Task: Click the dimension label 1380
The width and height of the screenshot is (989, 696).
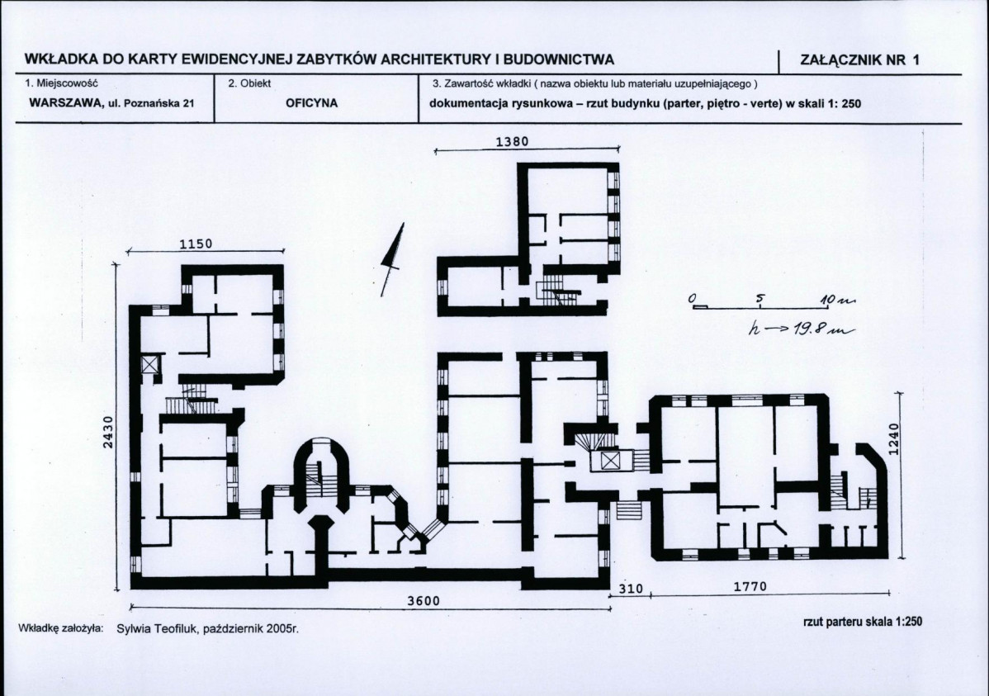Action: (512, 141)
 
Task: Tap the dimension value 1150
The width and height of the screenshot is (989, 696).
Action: (196, 244)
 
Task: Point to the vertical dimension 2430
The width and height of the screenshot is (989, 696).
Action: (108, 433)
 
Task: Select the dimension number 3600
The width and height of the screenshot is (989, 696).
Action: (424, 601)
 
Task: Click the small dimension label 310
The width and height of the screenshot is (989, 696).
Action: (631, 589)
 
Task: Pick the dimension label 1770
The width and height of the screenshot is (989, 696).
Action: (750, 586)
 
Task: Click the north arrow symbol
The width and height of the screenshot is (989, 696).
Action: (391, 259)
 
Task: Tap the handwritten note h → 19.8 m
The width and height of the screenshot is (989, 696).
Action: (801, 329)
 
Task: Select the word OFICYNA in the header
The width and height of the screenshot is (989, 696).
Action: (311, 103)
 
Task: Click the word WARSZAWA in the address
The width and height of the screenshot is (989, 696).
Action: (65, 103)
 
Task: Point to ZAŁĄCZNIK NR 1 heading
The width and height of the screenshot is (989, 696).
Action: (859, 60)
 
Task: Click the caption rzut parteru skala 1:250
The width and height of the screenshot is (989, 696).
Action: (862, 622)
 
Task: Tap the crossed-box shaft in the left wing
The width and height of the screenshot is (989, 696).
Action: (149, 365)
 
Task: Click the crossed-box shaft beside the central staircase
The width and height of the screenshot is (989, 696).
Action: (610, 461)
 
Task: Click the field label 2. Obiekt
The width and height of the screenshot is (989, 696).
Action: (249, 83)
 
